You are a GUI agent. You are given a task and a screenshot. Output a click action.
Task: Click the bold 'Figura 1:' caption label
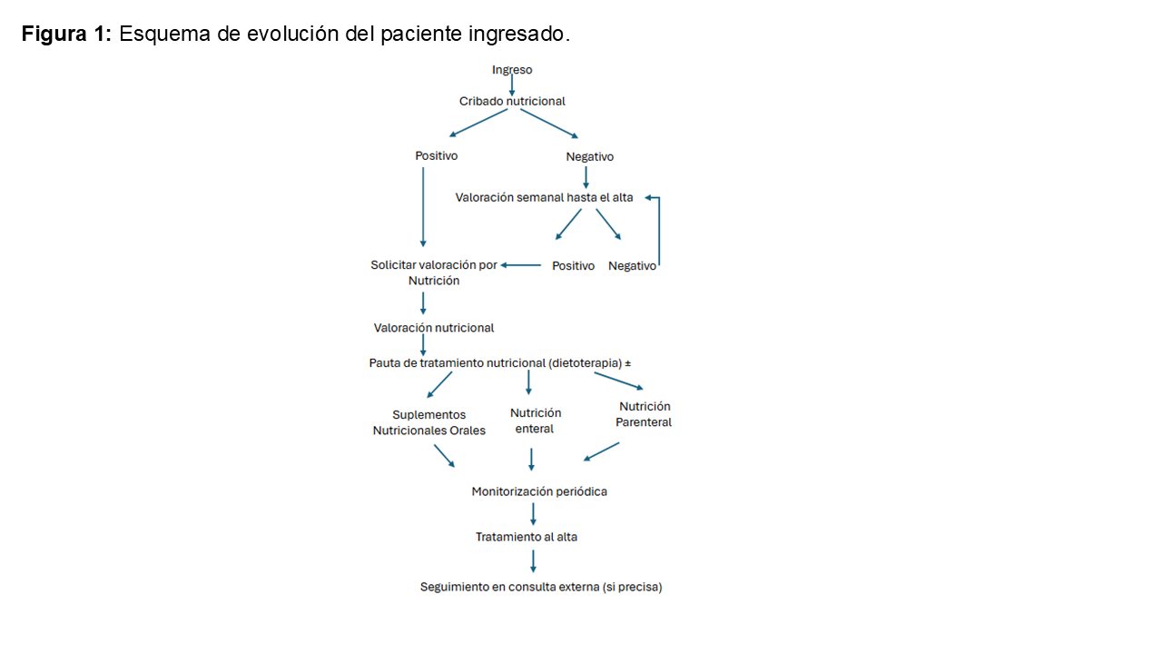(x=66, y=35)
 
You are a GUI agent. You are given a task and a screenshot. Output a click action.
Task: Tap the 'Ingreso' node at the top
(x=512, y=69)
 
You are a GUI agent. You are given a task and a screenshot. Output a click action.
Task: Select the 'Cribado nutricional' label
(x=512, y=101)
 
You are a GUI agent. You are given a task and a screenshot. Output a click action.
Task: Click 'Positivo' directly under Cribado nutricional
(x=437, y=155)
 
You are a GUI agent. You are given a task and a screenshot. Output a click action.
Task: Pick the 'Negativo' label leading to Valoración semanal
(x=589, y=156)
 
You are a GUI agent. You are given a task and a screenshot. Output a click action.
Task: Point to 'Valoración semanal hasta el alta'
(x=544, y=197)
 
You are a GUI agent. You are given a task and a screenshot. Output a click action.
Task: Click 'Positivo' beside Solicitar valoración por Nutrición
(x=573, y=265)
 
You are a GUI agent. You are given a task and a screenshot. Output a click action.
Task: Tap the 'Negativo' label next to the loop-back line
(x=632, y=266)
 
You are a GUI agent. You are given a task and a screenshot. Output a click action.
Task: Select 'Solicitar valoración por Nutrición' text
(x=434, y=272)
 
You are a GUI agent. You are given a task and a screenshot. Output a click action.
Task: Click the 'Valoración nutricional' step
(x=434, y=327)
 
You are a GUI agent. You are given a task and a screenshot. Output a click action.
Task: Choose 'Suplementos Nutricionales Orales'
(x=428, y=422)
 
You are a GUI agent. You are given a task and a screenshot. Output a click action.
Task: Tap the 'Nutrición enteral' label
(x=536, y=421)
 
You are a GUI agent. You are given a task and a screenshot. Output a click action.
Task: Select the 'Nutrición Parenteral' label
(x=644, y=414)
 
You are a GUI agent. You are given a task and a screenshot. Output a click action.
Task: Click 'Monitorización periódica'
(x=539, y=491)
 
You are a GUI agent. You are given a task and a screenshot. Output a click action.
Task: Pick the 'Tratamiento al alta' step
(x=527, y=537)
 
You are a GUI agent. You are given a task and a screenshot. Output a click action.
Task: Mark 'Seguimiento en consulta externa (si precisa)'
(x=541, y=587)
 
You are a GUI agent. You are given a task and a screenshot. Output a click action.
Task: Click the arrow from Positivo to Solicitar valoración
(x=521, y=265)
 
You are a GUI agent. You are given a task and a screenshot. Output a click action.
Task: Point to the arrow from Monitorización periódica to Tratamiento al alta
(x=533, y=514)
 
